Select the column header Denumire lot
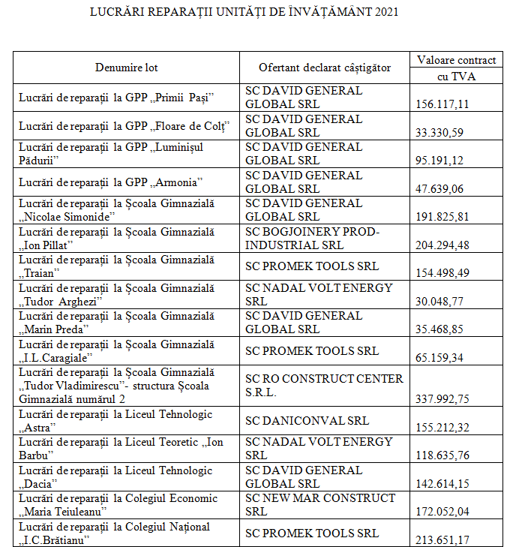click(127, 68)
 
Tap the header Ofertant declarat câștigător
click(325, 68)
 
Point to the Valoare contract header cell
click(456, 60)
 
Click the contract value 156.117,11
click(442, 104)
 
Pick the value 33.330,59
click(439, 133)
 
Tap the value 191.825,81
click(442, 217)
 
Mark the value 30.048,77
click(439, 301)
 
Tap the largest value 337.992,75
click(442, 399)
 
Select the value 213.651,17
click(442, 539)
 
